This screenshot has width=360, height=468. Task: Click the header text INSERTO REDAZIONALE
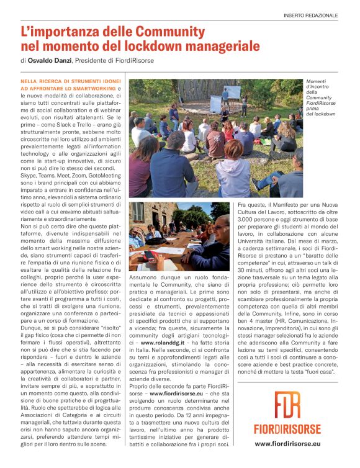[x=319, y=15]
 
